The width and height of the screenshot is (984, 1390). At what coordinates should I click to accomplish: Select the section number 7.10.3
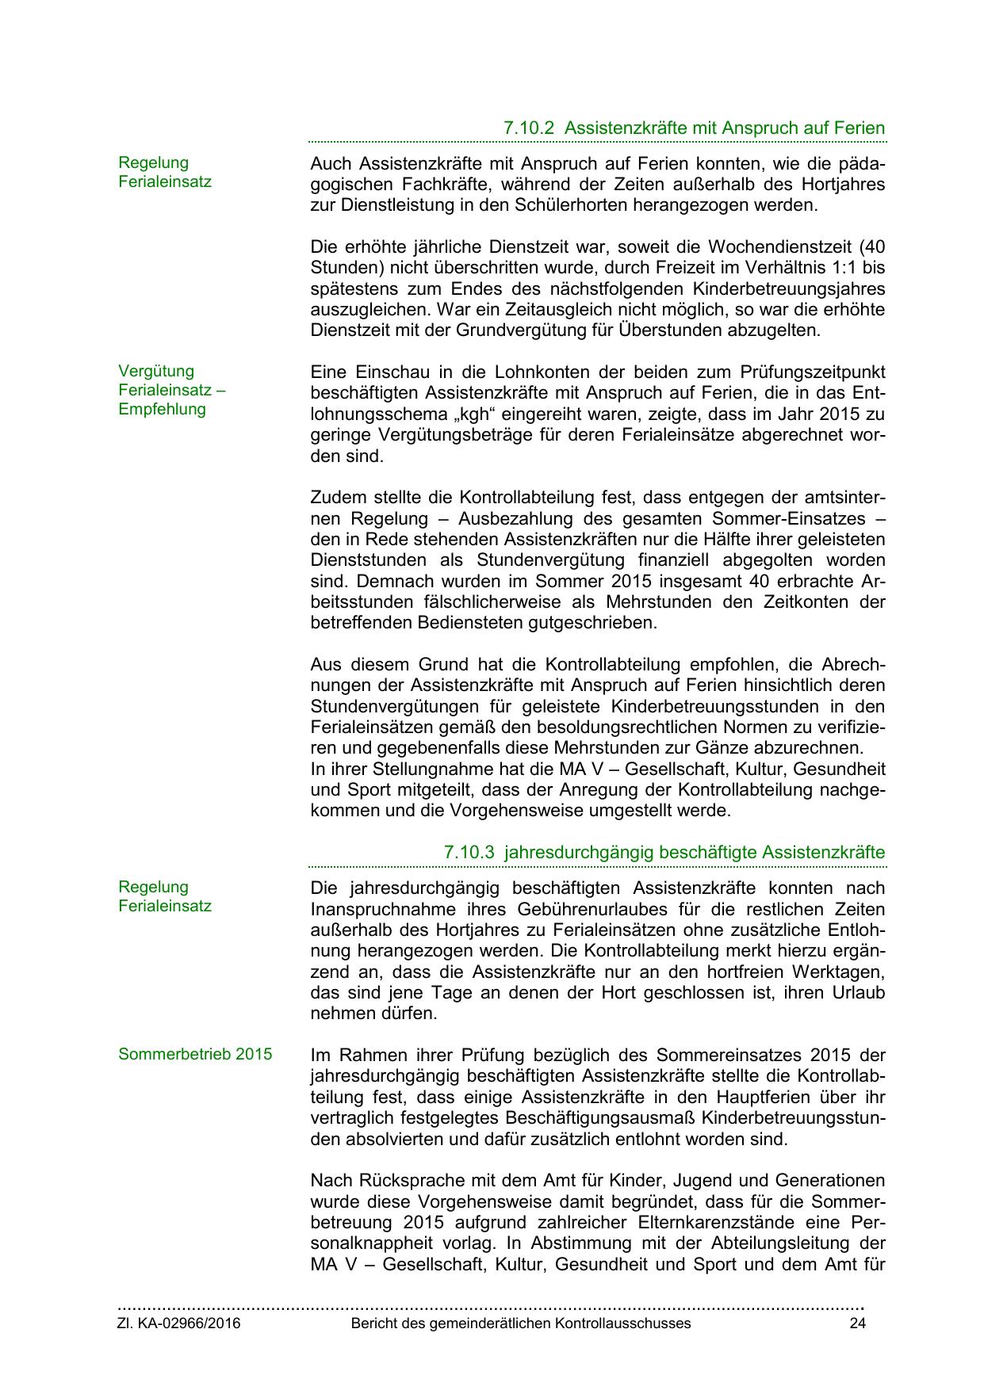click(x=469, y=852)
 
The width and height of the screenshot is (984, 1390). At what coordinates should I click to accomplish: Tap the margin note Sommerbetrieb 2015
click(x=195, y=1054)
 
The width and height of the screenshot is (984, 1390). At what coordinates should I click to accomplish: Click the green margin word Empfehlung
click(x=162, y=409)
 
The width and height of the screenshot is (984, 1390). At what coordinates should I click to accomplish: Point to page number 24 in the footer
click(x=857, y=1323)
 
